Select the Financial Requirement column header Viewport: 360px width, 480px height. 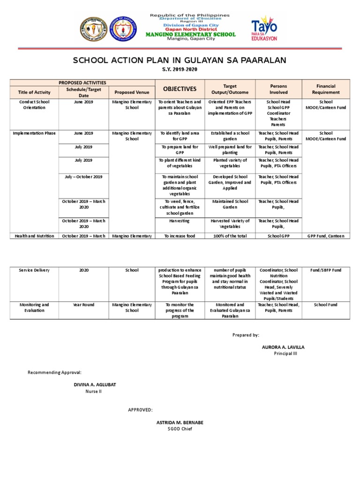(326, 89)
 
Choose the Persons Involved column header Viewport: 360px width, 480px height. (278, 89)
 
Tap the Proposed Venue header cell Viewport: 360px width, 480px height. (132, 92)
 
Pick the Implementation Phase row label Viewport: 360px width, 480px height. (34, 133)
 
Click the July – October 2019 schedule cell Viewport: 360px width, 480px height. (83, 177)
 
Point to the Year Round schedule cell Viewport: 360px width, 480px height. (83, 305)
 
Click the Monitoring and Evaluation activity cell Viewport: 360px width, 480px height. (34, 307)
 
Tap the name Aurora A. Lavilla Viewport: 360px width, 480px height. (283, 347)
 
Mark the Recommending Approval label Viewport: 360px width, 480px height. (55, 372)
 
